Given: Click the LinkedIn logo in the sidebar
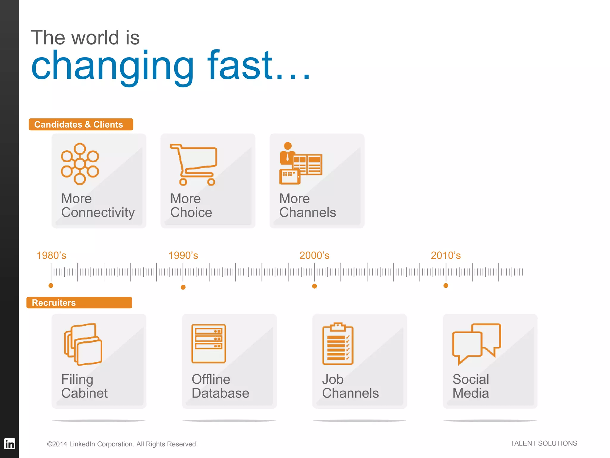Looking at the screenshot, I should tap(10, 444).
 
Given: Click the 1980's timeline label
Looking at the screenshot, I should tap(51, 256).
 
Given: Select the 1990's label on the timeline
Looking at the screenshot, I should tap(183, 256).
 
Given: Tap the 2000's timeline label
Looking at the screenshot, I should tap(314, 256).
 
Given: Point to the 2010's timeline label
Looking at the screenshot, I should tap(446, 256).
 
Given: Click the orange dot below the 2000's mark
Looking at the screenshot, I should tap(315, 286).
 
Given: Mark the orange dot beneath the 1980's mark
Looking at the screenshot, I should tap(51, 286).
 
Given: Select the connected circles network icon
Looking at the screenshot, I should tap(80, 164).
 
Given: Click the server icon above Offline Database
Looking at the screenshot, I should tap(208, 343).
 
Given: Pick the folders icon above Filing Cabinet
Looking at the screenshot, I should tap(83, 344).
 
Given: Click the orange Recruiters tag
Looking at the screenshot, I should tap(79, 303).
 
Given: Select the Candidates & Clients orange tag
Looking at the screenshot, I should tap(81, 124).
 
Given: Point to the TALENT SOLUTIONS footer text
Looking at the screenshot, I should tap(543, 443).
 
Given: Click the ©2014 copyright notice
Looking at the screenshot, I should tap(122, 444).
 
